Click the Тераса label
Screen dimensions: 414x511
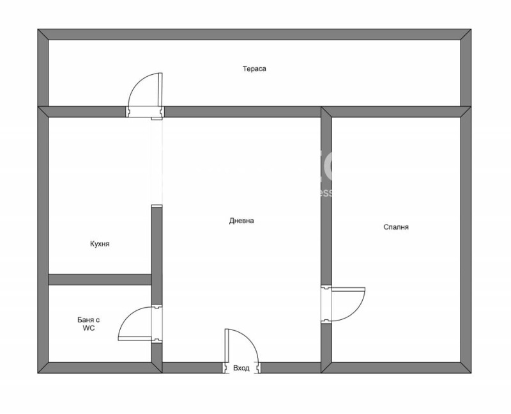pos(254,68)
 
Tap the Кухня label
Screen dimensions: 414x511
pos(100,244)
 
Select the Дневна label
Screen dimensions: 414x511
pos(241,221)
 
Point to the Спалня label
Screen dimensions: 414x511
pos(396,227)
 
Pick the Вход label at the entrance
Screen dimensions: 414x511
pos(241,368)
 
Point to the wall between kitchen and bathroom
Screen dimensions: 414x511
pos(100,279)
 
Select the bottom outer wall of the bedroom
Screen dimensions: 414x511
pos(396,367)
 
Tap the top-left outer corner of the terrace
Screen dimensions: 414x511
pos(40,31)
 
